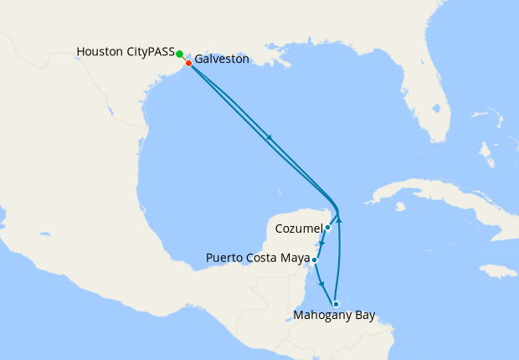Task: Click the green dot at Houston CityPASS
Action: [180, 54]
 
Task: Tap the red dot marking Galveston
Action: [188, 63]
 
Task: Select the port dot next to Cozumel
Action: [328, 227]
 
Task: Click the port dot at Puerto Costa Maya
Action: [314, 260]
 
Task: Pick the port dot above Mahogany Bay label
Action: [336, 304]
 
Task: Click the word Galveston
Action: [222, 60]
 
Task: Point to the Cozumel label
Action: [299, 228]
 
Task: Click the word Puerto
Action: [225, 259]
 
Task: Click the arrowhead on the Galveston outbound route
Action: [269, 138]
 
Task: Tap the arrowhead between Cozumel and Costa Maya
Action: [322, 243]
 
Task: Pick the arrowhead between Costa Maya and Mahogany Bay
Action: [322, 285]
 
